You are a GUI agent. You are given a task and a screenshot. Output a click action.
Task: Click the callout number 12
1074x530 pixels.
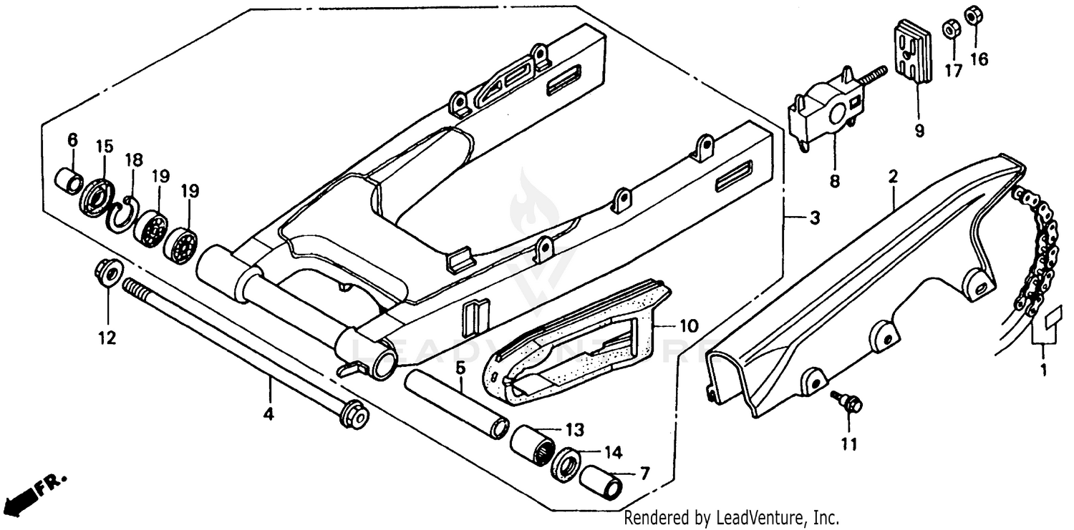tap(107, 338)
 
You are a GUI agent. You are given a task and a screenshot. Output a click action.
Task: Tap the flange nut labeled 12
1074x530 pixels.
tap(108, 273)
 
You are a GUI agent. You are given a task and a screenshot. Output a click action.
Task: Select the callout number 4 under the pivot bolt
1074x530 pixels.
tap(269, 413)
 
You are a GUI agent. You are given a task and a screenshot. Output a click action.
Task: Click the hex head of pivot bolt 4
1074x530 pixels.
tap(353, 414)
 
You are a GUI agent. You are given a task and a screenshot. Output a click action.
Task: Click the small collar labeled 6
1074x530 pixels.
tap(69, 180)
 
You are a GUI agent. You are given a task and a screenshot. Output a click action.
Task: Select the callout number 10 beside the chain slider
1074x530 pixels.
tap(687, 327)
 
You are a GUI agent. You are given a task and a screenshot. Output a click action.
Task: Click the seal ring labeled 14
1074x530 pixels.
tap(567, 464)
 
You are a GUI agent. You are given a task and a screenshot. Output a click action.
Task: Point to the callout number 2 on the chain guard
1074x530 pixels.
tap(893, 177)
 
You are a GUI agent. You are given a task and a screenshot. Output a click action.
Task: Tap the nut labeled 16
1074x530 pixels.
tap(973, 15)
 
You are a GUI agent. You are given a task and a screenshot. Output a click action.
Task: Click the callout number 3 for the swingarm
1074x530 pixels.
tap(814, 218)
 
